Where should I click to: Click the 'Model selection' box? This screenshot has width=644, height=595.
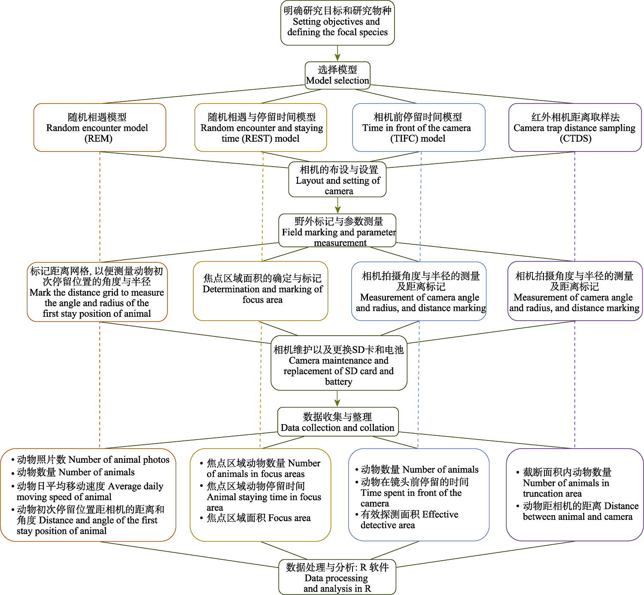coord(337,75)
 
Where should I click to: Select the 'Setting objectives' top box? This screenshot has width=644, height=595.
coord(337,23)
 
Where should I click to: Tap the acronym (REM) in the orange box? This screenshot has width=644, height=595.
coord(99,139)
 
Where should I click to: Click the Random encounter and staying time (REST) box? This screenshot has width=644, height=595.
coord(261,127)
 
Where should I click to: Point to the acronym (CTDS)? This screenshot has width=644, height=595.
coord(575,139)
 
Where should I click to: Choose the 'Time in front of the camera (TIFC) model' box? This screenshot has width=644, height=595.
coord(419,127)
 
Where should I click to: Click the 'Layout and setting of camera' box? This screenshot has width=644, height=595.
coord(337,179)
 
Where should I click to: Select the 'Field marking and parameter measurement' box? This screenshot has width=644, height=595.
coord(337,231)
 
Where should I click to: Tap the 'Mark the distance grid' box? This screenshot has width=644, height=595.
coord(97,292)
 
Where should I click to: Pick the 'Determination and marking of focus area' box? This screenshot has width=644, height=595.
coord(261,291)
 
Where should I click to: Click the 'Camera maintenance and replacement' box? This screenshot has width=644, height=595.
coord(339,363)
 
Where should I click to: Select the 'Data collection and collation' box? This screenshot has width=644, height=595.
coord(337,422)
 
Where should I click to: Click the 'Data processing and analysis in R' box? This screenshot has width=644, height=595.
coord(337,577)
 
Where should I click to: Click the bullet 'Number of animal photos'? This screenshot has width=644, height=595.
coord(93,460)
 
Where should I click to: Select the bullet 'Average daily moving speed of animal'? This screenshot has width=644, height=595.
coord(90,492)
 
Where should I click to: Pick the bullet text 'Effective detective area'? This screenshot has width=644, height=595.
coord(409,519)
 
